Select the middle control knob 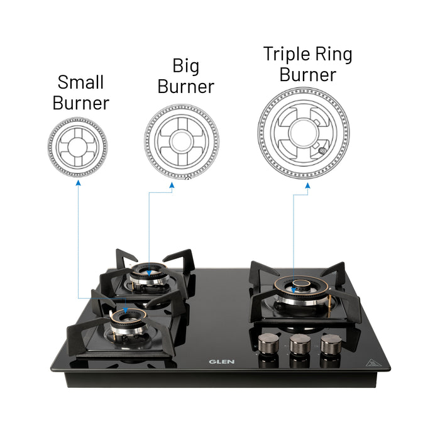click(299, 343)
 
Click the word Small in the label click(80, 82)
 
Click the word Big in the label click(186, 65)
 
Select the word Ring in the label click(334, 55)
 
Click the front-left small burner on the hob click(126, 319)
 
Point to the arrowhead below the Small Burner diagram click(77, 183)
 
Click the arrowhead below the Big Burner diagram click(172, 185)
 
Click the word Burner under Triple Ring click(308, 75)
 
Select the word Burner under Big click(186, 87)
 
